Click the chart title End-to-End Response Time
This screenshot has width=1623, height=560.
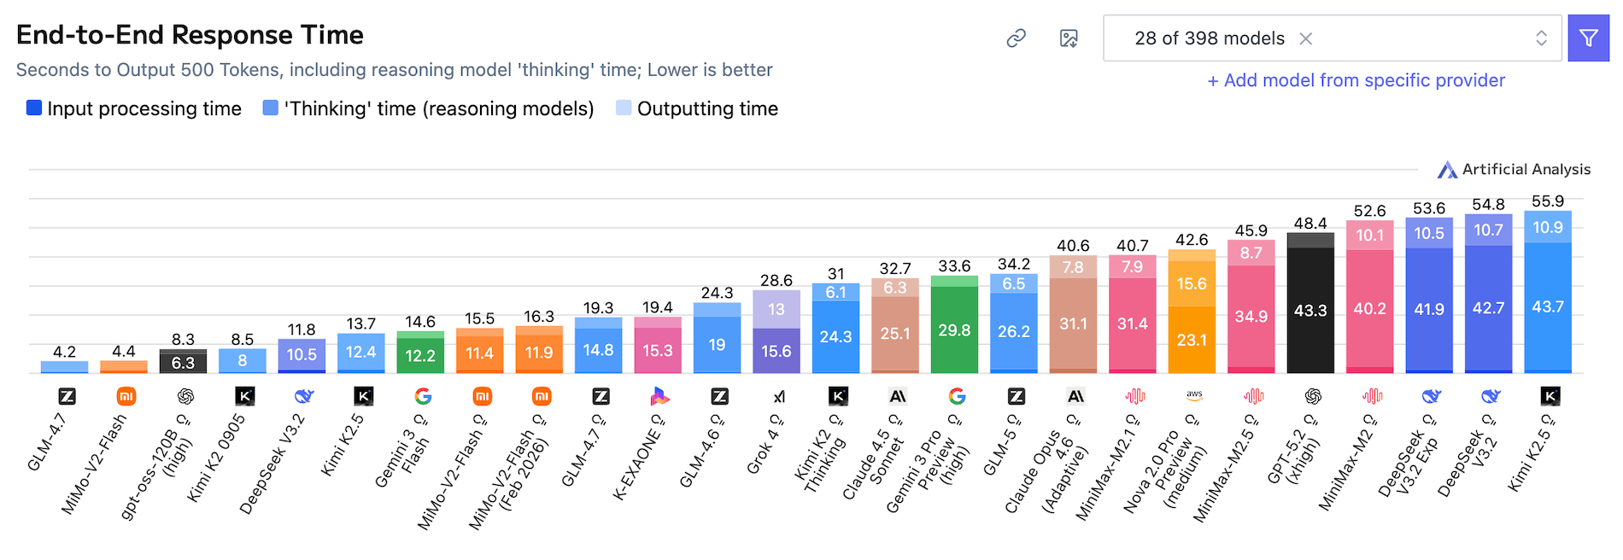pos(190,35)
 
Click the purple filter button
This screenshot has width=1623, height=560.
pos(1588,38)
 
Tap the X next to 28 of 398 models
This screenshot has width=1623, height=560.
pos(1305,38)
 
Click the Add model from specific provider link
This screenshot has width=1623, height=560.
pos(1356,80)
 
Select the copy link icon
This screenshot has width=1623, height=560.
pos(1016,38)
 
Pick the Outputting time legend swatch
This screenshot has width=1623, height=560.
pos(624,108)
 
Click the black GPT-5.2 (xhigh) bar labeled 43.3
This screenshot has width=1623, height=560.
pos(1310,311)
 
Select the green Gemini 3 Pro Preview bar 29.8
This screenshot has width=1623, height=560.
pos(954,330)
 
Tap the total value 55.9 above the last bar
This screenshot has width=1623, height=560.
pos(1547,201)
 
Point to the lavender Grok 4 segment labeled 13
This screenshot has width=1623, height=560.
pos(776,309)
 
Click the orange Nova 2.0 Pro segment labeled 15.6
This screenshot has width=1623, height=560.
pos(1191,283)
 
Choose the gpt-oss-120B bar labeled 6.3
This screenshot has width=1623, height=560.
pos(183,363)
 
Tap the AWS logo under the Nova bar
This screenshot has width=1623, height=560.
pos(1194,395)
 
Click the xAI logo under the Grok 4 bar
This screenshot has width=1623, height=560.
pos(779,396)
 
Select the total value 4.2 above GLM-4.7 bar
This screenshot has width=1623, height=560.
pos(64,352)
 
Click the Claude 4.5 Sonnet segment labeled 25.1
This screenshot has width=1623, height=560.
pos(894,333)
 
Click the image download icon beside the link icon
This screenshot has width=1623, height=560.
pos(1069,38)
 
